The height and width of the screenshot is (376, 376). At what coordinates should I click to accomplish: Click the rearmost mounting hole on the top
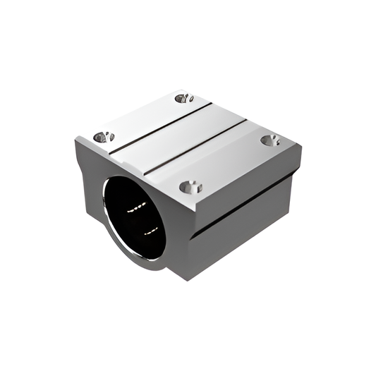(185, 98)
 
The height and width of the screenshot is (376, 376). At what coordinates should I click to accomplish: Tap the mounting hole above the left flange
(104, 136)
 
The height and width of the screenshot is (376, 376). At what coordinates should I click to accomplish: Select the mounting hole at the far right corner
(270, 140)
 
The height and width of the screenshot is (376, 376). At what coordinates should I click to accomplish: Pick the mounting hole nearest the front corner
(190, 187)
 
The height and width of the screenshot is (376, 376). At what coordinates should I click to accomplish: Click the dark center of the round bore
(134, 219)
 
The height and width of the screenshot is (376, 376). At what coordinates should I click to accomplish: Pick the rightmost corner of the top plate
(301, 148)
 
